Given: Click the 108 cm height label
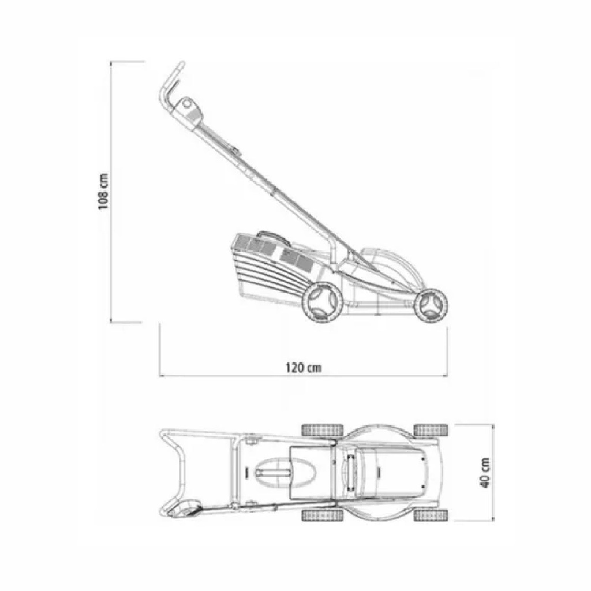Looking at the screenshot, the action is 103,192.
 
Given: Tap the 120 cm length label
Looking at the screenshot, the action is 304,367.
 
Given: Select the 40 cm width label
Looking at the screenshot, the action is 486,473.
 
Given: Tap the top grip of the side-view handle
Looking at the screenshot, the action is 170,83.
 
